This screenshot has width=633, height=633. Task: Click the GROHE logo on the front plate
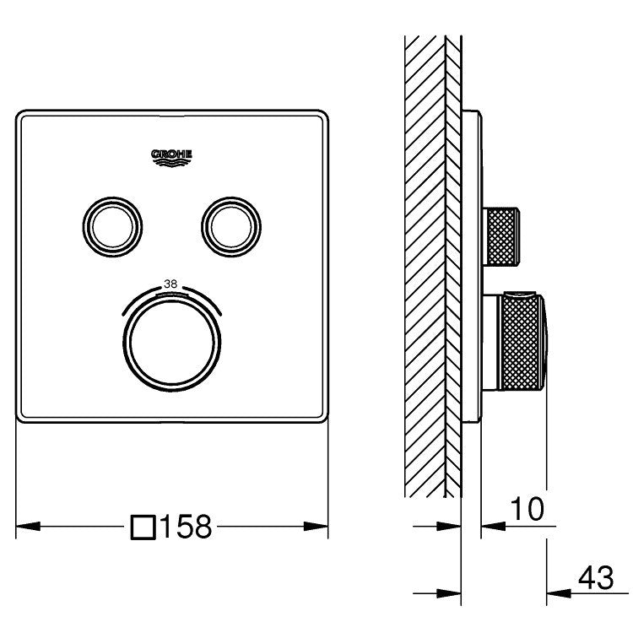pyautogui.click(x=171, y=158)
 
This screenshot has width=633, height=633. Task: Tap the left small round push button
pyautogui.click(x=112, y=227)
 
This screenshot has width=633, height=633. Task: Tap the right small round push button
pyautogui.click(x=231, y=227)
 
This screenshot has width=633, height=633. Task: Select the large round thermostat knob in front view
pyautogui.click(x=172, y=344)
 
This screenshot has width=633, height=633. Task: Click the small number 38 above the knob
pyautogui.click(x=170, y=284)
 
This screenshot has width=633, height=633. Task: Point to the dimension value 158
pyautogui.click(x=186, y=527)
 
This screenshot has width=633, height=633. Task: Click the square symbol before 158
pyautogui.click(x=143, y=527)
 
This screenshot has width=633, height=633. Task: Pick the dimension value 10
pyautogui.click(x=527, y=509)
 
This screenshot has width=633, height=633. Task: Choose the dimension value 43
pyautogui.click(x=596, y=577)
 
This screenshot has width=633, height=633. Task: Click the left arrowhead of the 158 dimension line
pyautogui.click(x=28, y=527)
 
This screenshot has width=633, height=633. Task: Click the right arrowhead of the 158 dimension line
pyautogui.click(x=316, y=527)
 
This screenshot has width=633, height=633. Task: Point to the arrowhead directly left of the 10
pyautogui.click(x=494, y=526)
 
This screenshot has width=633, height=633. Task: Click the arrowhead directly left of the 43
pyautogui.click(x=559, y=593)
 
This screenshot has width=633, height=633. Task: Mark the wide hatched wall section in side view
pyautogui.click(x=425, y=267)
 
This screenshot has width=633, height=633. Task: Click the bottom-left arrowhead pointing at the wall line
pyautogui.click(x=449, y=593)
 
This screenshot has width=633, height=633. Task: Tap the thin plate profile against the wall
pyautogui.click(x=472, y=267)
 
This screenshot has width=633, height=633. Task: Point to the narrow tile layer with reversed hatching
pyautogui.click(x=453, y=267)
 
